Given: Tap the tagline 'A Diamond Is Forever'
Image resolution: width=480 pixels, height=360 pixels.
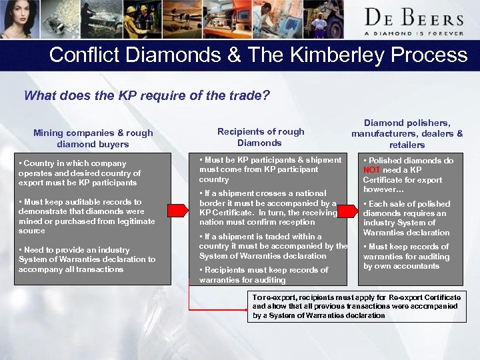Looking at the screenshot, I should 414,33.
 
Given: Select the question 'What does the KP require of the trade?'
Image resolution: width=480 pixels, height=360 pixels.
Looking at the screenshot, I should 147,95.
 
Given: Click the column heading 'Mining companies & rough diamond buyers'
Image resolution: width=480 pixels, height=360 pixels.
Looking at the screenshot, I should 93,138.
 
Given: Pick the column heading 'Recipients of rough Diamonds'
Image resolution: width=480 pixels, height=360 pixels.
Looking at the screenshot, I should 260,137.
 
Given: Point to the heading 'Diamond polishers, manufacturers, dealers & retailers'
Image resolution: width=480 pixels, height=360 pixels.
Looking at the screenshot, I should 407,133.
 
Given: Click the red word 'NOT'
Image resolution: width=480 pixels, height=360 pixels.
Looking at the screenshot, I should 371,170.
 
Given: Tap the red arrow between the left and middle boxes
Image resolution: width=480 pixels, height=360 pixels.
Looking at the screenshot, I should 176,211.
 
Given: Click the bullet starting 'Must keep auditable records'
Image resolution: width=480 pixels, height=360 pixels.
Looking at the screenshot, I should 87,216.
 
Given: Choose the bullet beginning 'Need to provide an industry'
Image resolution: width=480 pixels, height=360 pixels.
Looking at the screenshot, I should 87,259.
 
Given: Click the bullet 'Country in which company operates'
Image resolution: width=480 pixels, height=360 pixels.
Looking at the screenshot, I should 79,173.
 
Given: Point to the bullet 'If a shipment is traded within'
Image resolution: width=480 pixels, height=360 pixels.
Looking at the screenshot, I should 272,246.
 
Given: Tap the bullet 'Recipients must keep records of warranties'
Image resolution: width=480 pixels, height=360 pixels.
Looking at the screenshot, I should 263,275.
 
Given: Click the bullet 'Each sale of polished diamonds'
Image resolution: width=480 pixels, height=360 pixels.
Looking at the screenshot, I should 407,218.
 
